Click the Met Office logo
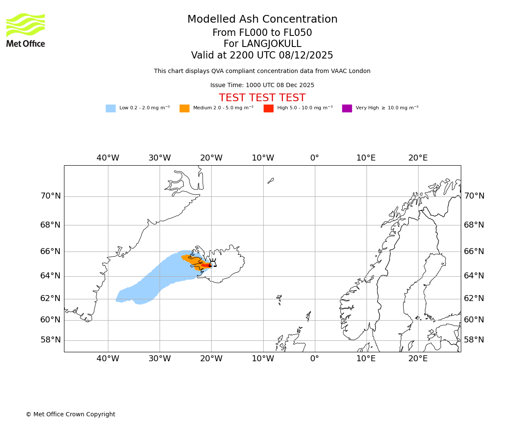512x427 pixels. pos(26,30)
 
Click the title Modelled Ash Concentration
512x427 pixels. pos(262,20)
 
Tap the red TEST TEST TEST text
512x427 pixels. pos(262,98)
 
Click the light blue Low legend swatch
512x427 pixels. pos(111,108)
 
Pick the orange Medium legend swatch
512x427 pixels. pos(184,108)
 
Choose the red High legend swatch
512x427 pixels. pos(268,108)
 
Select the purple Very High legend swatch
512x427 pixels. pos(347,108)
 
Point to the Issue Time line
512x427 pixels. pos(262,85)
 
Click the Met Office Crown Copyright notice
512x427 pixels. pos(70,415)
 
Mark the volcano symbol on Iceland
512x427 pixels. pos(212,263)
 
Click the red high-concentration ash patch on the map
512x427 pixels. pos(206,266)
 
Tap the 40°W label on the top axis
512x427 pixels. pos(108,158)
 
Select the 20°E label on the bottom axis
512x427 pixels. pos(418,359)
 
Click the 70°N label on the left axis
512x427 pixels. pos(50,196)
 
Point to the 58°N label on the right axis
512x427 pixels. pos(474,340)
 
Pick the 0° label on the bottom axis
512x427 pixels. pos(314,359)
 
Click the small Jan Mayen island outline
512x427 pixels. pos(271,181)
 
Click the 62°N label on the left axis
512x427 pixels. pos(50,298)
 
